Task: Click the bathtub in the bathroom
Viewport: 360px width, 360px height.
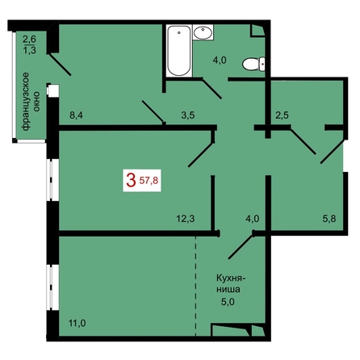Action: pyautogui.click(x=179, y=51)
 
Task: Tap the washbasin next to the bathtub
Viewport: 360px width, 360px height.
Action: pyautogui.click(x=203, y=32)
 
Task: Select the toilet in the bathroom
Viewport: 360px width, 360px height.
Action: pyautogui.click(x=253, y=65)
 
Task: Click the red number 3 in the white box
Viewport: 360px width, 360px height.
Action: pyautogui.click(x=131, y=180)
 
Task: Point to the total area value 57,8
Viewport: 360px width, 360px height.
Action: pyautogui.click(x=149, y=181)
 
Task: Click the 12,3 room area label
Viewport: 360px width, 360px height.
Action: pyautogui.click(x=186, y=219)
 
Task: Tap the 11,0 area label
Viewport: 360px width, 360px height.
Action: pyautogui.click(x=77, y=323)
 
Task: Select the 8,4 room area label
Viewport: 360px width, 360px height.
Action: pyautogui.click(x=76, y=115)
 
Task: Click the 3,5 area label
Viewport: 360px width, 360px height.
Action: pyautogui.click(x=188, y=115)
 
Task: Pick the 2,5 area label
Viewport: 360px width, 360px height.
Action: pyautogui.click(x=282, y=115)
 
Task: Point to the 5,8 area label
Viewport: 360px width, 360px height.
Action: pyautogui.click(x=329, y=219)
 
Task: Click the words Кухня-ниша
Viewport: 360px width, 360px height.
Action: pyautogui.click(x=231, y=283)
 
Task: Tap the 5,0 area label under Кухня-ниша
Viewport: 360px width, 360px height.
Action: pyautogui.click(x=228, y=302)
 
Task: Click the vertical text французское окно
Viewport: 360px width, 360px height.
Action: pyautogui.click(x=31, y=102)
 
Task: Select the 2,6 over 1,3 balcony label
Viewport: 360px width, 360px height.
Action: pyautogui.click(x=29, y=44)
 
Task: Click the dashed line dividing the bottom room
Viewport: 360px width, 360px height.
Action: pyautogui.click(x=195, y=287)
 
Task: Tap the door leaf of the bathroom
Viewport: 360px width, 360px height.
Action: pyautogui.click(x=211, y=89)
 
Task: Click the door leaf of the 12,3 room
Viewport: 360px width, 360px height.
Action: pyautogui.click(x=201, y=155)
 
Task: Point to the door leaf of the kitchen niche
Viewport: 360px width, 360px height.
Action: pyautogui.click(x=241, y=247)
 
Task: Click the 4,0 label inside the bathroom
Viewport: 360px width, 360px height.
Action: pyautogui.click(x=220, y=61)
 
